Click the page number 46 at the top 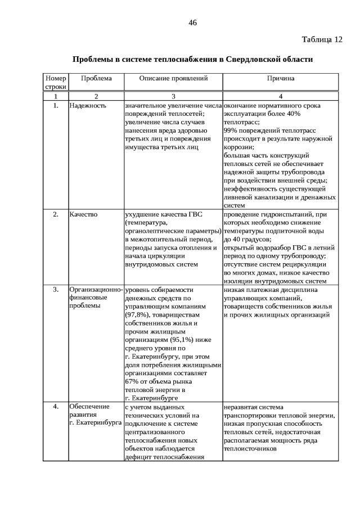192,22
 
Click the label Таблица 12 322,39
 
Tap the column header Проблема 96,79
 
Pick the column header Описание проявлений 173,79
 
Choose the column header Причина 281,79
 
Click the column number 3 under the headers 173,96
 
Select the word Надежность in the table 88,105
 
